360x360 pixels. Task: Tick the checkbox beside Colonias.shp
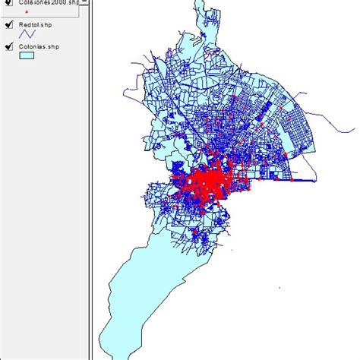pos(9,47)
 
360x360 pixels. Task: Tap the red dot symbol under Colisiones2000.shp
pos(27,13)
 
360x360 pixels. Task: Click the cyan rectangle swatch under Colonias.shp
pos(28,56)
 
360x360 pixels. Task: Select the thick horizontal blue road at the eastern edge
pos(308,181)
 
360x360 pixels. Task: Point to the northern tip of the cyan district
pos(198,2)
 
